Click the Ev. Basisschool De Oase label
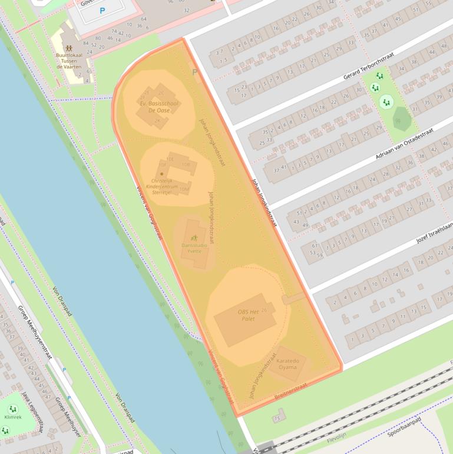coord(159,107)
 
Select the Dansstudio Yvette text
coord(194,248)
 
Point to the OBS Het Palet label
coord(249,315)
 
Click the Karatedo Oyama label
coord(287,364)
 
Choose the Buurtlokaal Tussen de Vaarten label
coord(69,61)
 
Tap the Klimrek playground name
coord(12,417)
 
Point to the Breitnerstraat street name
coord(291,391)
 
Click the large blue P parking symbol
coord(102,11)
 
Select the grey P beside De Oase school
coord(195,72)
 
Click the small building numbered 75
coord(278,417)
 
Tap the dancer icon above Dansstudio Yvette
coord(194,238)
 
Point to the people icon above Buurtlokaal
coord(68,47)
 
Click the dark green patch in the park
coord(402,119)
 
